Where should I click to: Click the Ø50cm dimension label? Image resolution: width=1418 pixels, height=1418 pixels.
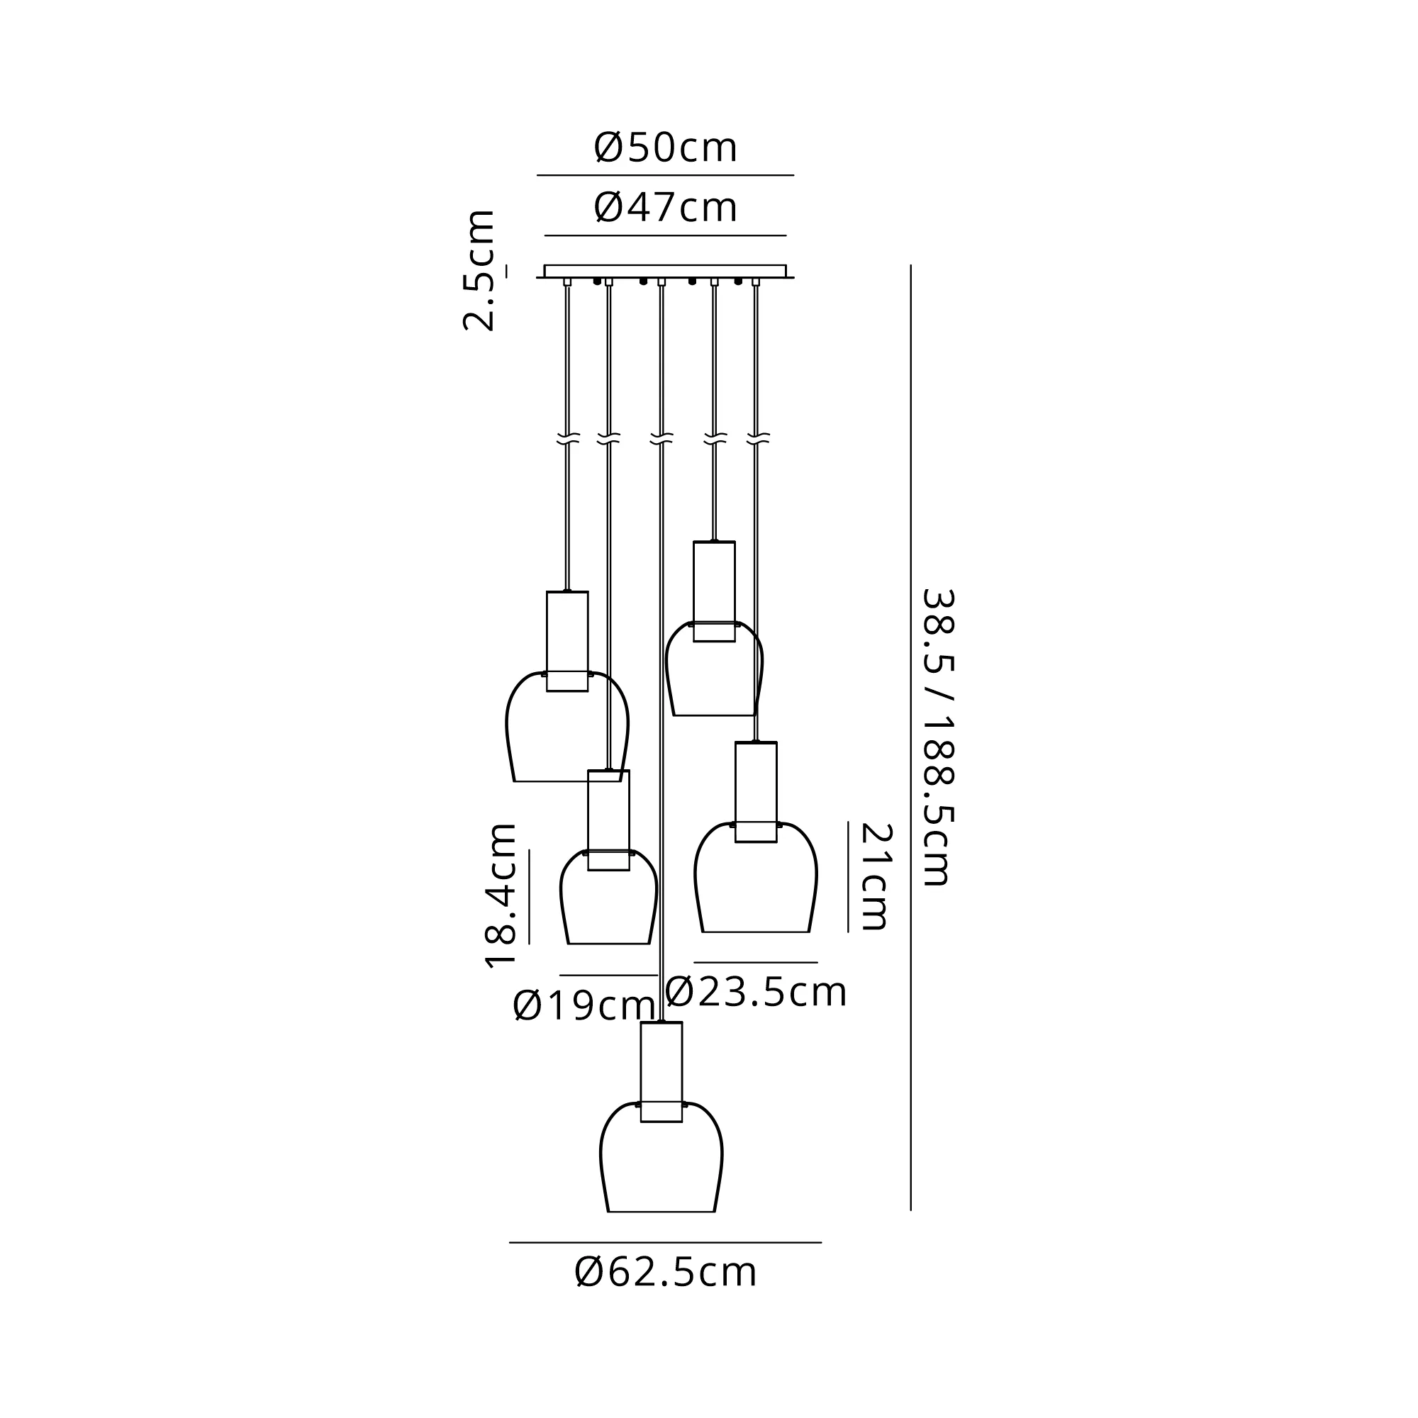click(665, 148)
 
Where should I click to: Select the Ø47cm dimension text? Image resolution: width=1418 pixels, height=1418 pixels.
click(665, 208)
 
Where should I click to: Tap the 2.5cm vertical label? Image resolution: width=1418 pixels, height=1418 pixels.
click(479, 271)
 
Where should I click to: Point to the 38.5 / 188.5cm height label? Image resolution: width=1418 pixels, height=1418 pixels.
click(937, 737)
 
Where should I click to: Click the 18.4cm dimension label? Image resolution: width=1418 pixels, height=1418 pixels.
click(501, 896)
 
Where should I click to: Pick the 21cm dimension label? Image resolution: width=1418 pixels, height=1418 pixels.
click(875, 876)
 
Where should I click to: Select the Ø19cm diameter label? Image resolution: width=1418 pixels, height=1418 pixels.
click(584, 1005)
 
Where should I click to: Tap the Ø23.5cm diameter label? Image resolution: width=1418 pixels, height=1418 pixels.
click(756, 993)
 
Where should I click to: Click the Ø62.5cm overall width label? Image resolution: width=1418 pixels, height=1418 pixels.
click(665, 1273)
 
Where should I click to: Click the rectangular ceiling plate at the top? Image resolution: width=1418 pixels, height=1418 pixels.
click(665, 271)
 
